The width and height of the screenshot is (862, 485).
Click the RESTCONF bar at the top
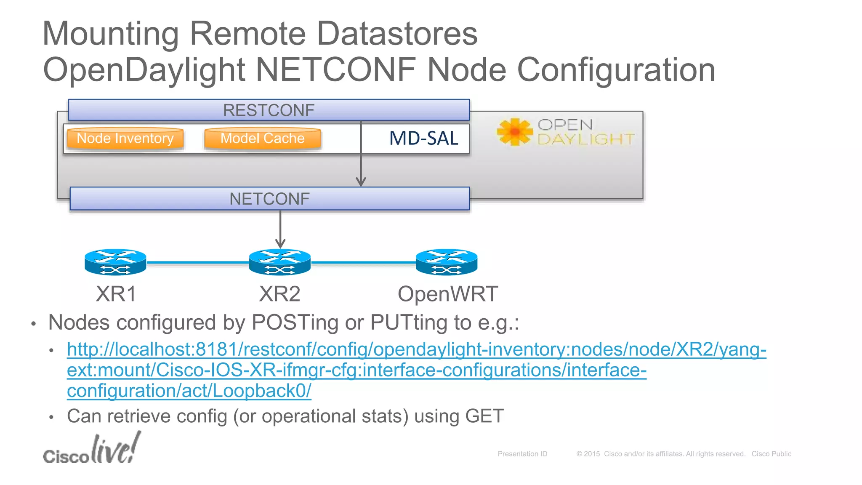pos(269,110)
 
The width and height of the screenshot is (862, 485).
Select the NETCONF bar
pos(269,199)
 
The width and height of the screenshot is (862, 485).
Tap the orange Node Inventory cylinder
pos(125,139)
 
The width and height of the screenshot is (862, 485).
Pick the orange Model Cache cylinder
pos(262,139)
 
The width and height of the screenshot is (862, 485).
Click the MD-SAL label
pos(423,139)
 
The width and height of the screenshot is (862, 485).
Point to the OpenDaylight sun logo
pos(514,132)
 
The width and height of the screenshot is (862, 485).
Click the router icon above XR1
pos(115,262)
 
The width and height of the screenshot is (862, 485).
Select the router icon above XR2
pos(280,262)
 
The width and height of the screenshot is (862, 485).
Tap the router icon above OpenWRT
pos(447,262)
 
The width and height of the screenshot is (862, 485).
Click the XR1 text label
pos(116,294)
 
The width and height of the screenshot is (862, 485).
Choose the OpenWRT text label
pos(448,294)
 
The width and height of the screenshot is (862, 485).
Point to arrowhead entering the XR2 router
pos(280,244)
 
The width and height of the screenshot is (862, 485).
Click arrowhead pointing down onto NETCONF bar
pos(361,182)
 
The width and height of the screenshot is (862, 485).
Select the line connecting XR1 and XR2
pos(198,262)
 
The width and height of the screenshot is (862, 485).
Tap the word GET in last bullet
pos(484,416)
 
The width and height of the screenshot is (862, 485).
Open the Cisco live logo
pos(92,449)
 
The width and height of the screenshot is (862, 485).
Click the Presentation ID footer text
pos(522,454)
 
